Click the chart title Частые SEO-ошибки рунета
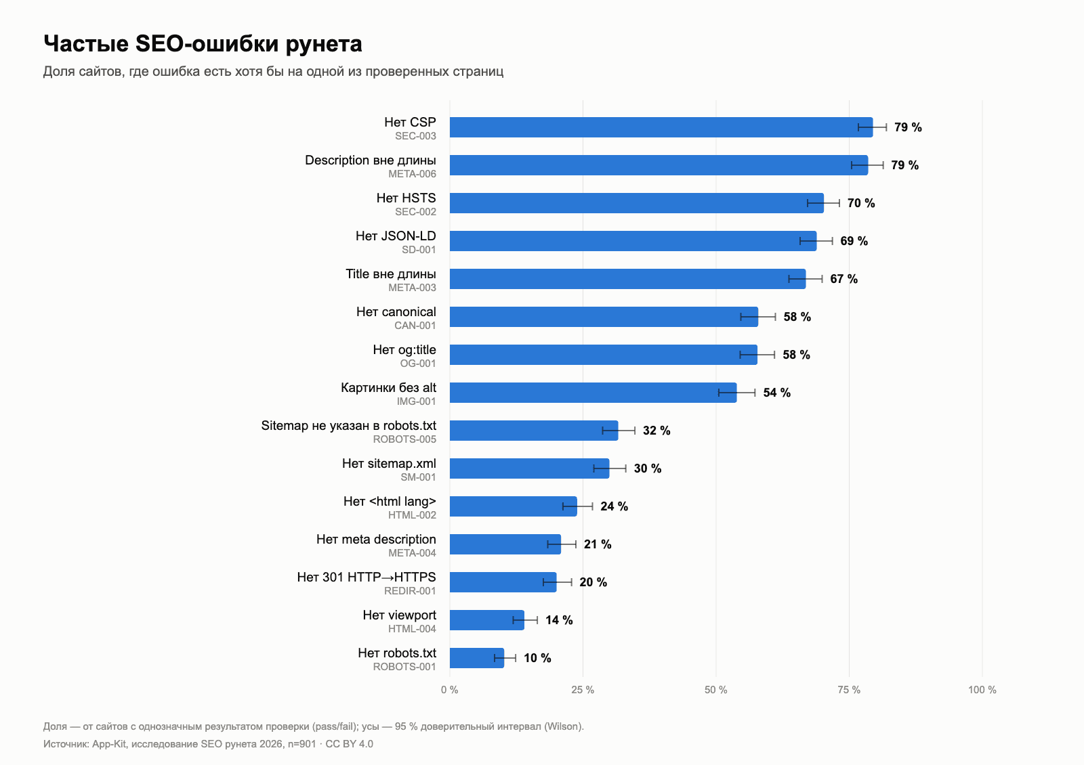(203, 43)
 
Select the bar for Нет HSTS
(636, 203)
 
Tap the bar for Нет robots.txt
(477, 658)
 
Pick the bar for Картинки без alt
(593, 393)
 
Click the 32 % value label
(656, 431)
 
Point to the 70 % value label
(861, 203)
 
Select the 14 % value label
(559, 620)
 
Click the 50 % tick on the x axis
(715, 690)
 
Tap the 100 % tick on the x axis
(982, 690)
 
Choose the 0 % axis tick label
(450, 690)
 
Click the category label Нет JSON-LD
(396, 236)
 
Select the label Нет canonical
(396, 312)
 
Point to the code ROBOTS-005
(404, 439)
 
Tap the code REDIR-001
(410, 591)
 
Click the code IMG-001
(416, 401)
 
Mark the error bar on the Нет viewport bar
(525, 620)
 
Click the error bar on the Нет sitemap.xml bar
(610, 468)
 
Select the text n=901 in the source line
(301, 744)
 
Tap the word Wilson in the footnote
(563, 726)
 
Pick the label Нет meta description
(376, 539)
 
